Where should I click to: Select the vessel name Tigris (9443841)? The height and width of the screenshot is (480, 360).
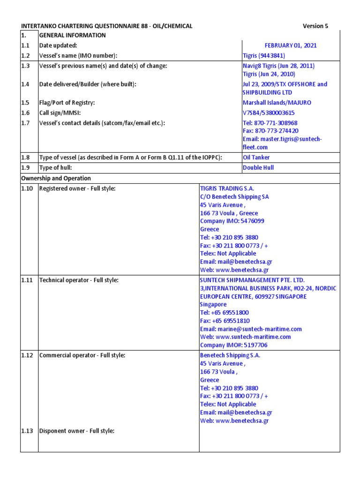264,56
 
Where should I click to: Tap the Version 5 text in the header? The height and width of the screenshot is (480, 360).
315,26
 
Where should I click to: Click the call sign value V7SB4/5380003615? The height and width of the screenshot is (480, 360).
269,113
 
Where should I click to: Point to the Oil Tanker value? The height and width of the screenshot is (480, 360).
256,157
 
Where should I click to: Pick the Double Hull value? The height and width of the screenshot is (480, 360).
258,167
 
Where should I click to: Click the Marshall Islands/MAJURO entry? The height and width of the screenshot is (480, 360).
277,103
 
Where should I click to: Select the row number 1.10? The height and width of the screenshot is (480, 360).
27,188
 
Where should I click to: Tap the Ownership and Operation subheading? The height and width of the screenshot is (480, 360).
56,178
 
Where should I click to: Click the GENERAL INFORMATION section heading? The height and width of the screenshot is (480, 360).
73,35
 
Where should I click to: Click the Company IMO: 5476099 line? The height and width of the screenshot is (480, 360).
232,221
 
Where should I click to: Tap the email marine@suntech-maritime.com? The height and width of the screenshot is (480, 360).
251,329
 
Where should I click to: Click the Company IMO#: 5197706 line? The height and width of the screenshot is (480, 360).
234,345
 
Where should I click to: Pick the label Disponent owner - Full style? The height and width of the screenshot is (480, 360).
77,431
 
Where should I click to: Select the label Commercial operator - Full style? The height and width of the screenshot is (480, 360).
82,355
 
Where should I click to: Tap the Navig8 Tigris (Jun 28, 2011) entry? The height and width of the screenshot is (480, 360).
278,66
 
